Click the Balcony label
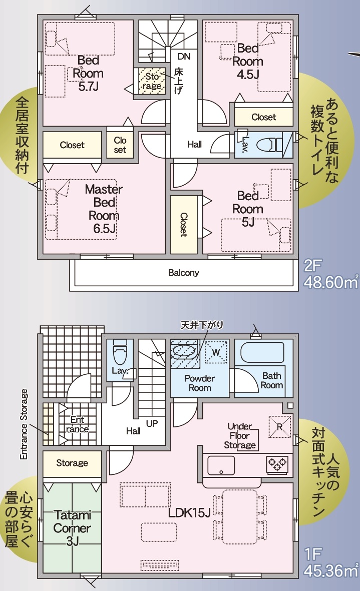click(184, 273)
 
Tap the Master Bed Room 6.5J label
click(104, 209)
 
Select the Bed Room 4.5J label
click(248, 61)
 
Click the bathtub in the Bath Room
click(262, 352)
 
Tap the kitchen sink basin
click(221, 465)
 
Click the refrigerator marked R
click(280, 427)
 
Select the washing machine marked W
click(216, 352)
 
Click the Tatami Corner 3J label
click(72, 528)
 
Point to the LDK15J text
click(189, 512)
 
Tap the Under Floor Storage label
click(240, 436)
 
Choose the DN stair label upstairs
click(184, 57)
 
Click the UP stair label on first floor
click(152, 423)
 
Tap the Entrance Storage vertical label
click(24, 424)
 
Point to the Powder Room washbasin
click(184, 351)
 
